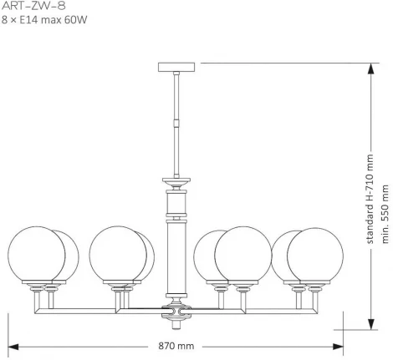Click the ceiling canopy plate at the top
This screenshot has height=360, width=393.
tap(176, 67)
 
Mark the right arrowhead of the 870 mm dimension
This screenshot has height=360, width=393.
tap(341, 345)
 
